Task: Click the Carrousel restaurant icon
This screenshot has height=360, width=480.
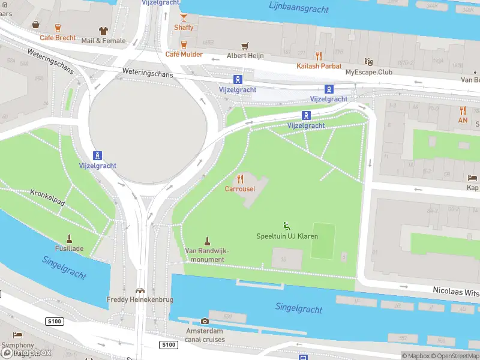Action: point(240,179)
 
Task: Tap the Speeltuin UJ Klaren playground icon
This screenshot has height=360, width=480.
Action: point(287,226)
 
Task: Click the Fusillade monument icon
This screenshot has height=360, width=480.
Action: point(70,238)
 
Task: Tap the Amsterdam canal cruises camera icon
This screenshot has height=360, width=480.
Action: point(205,322)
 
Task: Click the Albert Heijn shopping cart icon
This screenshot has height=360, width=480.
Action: point(244,46)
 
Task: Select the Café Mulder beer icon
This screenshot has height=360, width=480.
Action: point(184,44)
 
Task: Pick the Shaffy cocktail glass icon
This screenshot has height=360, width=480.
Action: point(184,17)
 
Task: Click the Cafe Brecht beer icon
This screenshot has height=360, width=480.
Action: point(58,28)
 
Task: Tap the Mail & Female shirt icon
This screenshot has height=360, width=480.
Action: point(103,31)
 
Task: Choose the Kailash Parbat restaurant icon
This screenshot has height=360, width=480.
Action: point(319,56)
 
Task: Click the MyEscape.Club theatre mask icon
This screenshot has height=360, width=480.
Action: point(368,62)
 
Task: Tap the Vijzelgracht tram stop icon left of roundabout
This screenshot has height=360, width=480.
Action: point(97,155)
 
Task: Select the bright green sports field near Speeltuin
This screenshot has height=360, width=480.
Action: point(323,241)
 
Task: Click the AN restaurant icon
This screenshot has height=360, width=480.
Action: point(463,110)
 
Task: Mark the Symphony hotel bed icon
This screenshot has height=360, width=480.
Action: point(18,335)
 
